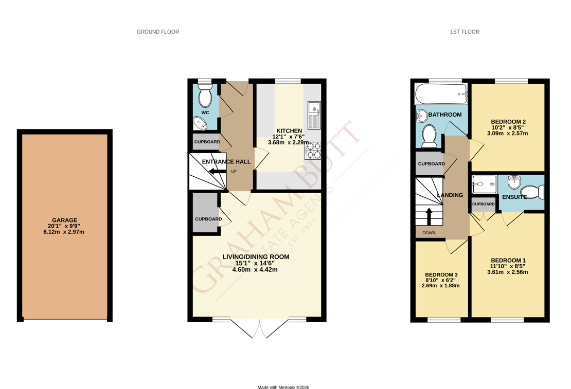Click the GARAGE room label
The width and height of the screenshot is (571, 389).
coord(64,220)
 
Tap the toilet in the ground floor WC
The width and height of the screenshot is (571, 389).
coord(205,95)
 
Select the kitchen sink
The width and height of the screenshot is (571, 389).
coord(314,115)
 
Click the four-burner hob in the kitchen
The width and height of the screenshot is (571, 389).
coord(313,151)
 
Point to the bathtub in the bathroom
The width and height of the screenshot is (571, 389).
coord(441,94)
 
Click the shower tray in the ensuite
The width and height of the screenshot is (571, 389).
coord(485,184)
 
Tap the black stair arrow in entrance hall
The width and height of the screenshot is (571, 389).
coord(218,172)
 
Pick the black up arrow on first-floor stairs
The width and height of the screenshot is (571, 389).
coord(429,216)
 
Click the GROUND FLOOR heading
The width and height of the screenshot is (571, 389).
coord(158,32)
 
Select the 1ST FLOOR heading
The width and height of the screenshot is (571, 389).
coord(465,32)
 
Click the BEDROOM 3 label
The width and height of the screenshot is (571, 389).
coord(441,275)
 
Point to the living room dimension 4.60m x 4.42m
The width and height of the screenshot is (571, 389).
coord(255,270)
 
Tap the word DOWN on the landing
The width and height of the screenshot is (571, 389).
coord(429,233)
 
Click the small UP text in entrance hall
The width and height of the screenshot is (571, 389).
coord(234,172)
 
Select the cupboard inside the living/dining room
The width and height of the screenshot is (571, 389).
coord(206,213)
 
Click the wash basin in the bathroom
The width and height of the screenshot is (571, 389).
coord(421,116)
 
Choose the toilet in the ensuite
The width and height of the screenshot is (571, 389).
coord(532,192)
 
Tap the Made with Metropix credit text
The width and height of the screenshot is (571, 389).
coord(283,387)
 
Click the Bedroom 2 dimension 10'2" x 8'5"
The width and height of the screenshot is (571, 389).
coord(508,128)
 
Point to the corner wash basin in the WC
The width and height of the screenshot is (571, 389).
coord(200,123)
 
